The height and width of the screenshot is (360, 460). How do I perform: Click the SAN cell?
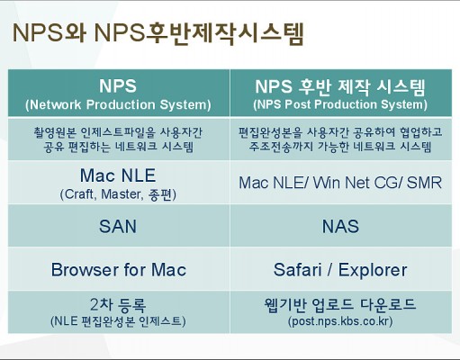click(118, 226)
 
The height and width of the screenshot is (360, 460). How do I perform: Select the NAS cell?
click(340, 226)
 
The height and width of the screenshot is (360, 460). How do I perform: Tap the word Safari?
click(297, 269)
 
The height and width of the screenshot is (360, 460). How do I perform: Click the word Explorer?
click(373, 270)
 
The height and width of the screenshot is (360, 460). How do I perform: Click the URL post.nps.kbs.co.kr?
click(340, 321)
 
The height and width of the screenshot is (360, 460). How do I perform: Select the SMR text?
click(424, 183)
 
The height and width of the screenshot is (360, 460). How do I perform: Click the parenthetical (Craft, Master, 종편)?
click(118, 194)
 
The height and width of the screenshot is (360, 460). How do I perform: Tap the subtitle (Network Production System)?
click(118, 104)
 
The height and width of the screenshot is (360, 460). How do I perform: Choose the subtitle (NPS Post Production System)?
click(340, 104)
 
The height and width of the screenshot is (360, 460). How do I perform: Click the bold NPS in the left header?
click(118, 85)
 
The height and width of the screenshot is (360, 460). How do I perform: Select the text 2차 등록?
click(118, 304)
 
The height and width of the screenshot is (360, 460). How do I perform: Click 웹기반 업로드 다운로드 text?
click(340, 304)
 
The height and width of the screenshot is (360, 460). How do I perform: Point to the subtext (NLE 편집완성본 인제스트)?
click(118, 321)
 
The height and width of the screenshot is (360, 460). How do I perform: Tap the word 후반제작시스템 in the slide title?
click(225, 33)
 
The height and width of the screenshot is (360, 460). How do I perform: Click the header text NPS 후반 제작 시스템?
click(340, 87)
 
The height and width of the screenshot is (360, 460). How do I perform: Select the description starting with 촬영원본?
click(118, 139)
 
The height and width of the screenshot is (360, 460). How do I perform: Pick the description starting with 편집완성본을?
click(340, 139)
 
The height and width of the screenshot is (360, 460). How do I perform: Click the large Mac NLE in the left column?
click(118, 175)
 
